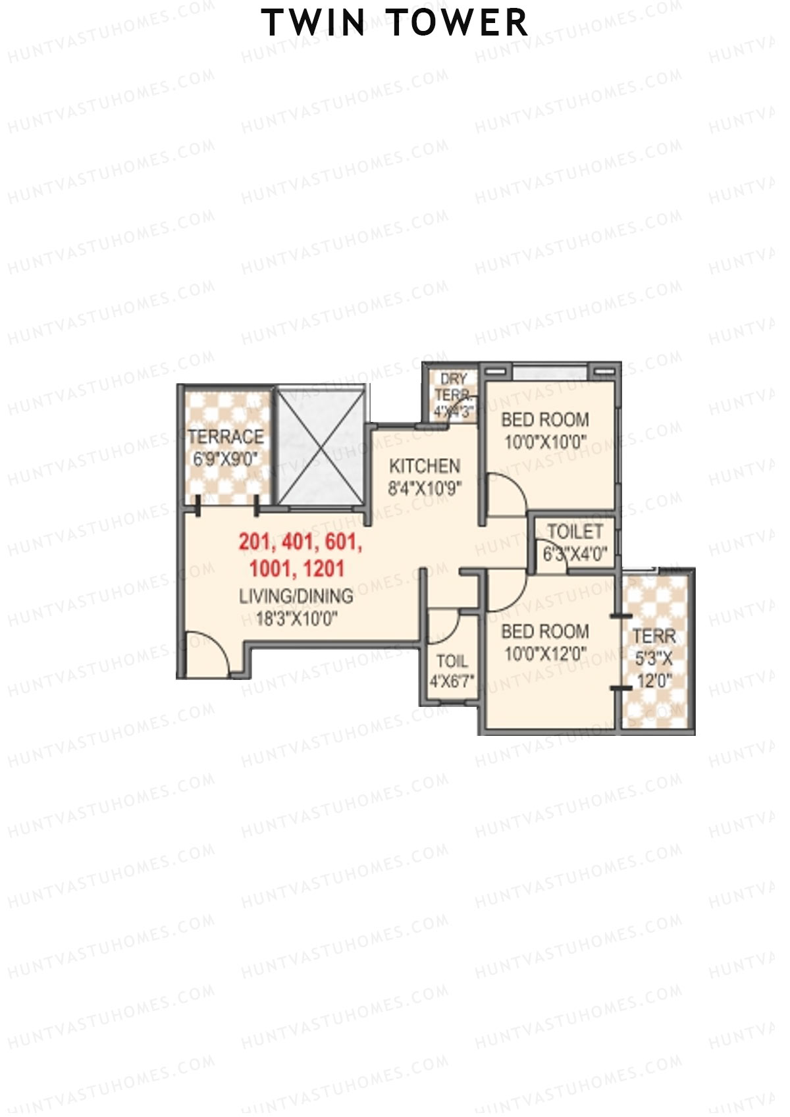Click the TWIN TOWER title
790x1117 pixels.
click(x=395, y=23)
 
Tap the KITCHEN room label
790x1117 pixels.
click(x=424, y=466)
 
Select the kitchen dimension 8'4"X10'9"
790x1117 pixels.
click(x=424, y=488)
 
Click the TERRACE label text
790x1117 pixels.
click(x=225, y=436)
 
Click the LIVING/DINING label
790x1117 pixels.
click(x=296, y=596)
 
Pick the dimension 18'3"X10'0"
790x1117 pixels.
click(x=296, y=619)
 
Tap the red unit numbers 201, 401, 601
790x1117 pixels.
click(x=300, y=542)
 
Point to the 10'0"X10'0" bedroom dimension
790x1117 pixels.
click(x=544, y=442)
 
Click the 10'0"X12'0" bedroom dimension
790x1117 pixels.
click(x=544, y=654)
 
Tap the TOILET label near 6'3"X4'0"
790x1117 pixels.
click(x=575, y=531)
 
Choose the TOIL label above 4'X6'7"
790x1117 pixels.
click(x=452, y=661)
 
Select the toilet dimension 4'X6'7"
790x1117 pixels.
click(x=452, y=682)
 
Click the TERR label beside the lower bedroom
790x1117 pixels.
click(x=654, y=636)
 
